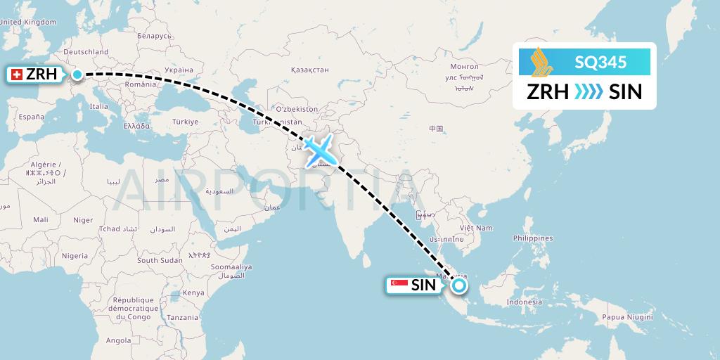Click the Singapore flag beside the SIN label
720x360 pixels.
(398, 285)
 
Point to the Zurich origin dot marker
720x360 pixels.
(77, 75)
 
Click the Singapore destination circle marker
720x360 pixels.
(458, 285)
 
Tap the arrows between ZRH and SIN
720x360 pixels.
(588, 91)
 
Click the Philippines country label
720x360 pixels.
(532, 238)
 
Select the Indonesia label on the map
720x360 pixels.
(525, 302)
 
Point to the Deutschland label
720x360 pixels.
(86, 52)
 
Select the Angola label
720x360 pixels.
(118, 340)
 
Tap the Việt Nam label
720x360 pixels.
(475, 228)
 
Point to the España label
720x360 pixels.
(31, 117)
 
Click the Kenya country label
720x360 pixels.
(193, 292)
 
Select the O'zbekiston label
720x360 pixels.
(297, 110)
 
